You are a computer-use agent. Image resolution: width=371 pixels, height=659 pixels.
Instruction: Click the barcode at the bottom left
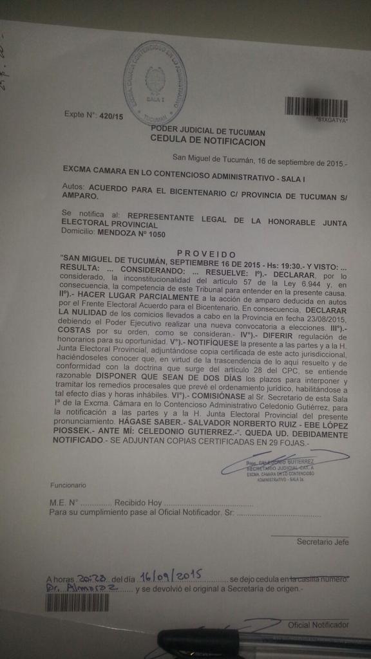[x=77, y=602]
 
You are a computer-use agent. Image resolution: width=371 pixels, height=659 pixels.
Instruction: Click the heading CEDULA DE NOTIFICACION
[x=207, y=139]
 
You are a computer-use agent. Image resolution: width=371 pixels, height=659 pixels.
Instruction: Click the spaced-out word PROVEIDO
[x=205, y=254]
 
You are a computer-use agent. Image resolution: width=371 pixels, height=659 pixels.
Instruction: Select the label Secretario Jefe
[x=322, y=542]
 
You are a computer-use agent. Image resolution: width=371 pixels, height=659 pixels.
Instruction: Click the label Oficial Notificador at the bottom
[x=318, y=625]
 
